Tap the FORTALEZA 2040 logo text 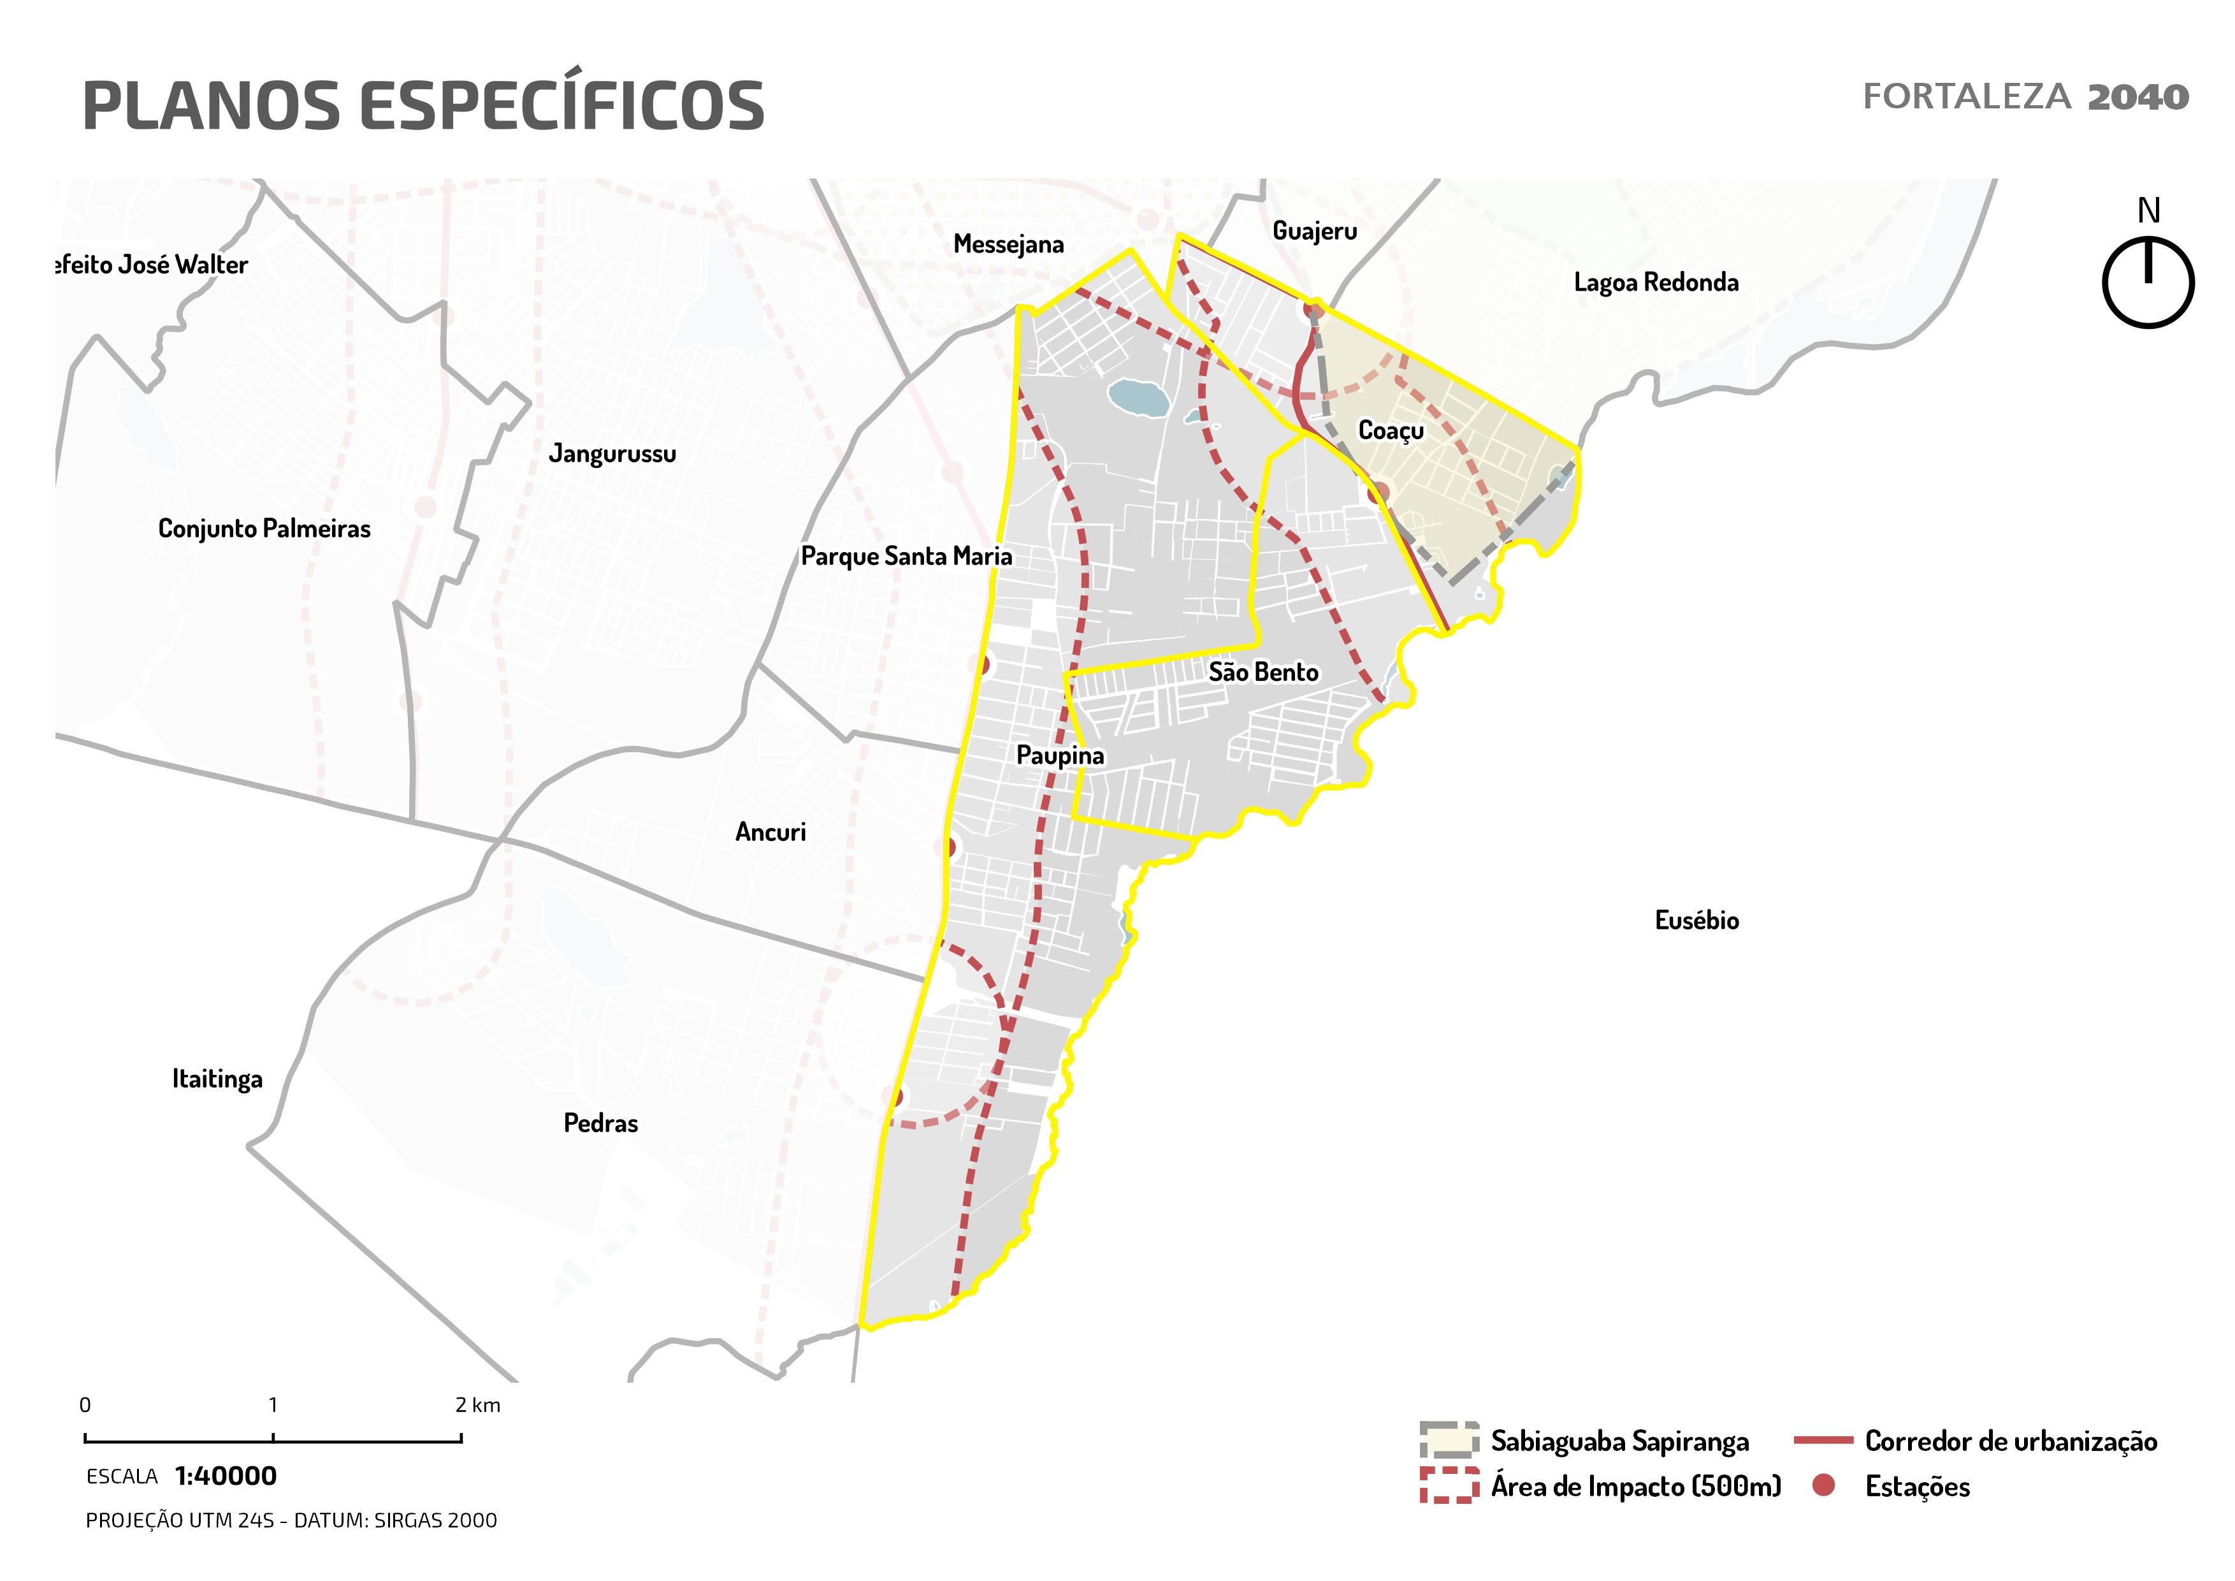(2025, 98)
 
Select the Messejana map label (1008, 244)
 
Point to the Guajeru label (1314, 231)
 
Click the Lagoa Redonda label (1656, 282)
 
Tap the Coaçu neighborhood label (1390, 430)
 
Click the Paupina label (1060, 755)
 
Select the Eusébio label (1696, 920)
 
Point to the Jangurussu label (612, 454)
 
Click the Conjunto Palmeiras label (264, 528)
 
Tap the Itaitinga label (217, 1079)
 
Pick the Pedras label (600, 1123)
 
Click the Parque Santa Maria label (906, 556)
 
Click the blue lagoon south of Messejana (1137, 397)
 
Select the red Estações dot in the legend (1824, 1485)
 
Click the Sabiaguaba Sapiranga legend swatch (1449, 1441)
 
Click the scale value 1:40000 (226, 1476)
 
